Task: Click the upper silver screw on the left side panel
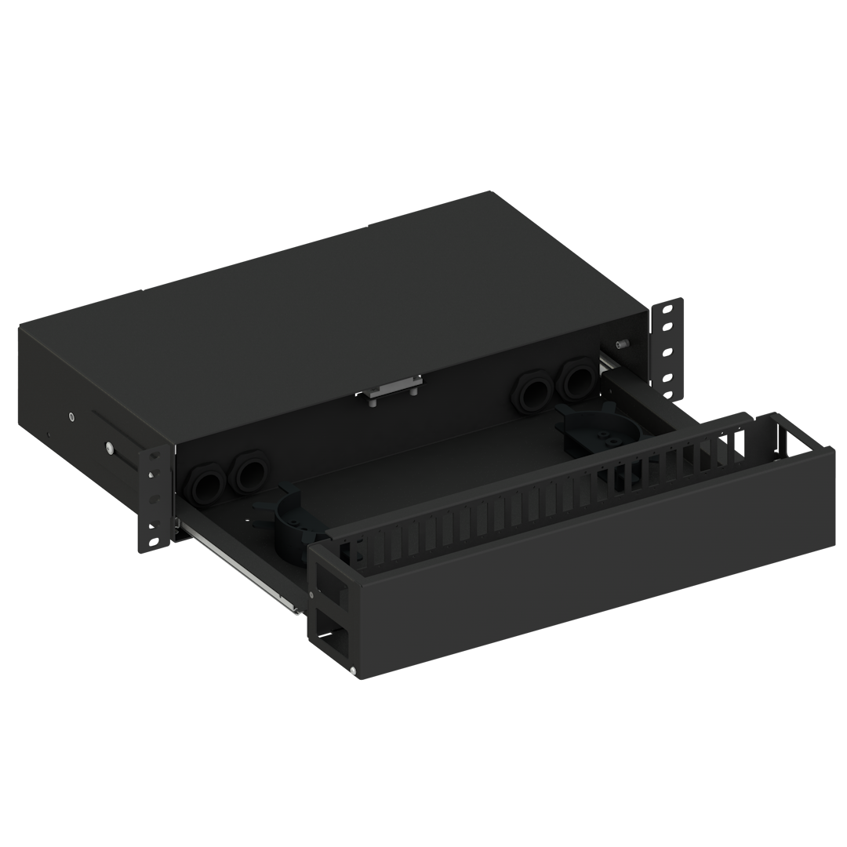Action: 71,416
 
